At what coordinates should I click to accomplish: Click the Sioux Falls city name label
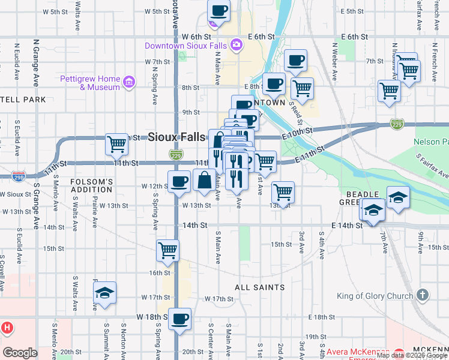pyautogui.click(x=177, y=137)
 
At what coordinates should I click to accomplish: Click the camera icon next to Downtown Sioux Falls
pyautogui.click(x=237, y=44)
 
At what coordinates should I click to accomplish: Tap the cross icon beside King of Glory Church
pyautogui.click(x=423, y=295)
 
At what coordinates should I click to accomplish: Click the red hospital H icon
pyautogui.click(x=7, y=328)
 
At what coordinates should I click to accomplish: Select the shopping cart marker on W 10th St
pyautogui.click(x=116, y=144)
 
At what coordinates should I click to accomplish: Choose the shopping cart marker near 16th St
pyautogui.click(x=168, y=251)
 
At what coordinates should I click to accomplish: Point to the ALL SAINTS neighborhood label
pyautogui.click(x=259, y=287)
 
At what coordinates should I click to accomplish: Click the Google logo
pyautogui.click(x=20, y=353)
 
